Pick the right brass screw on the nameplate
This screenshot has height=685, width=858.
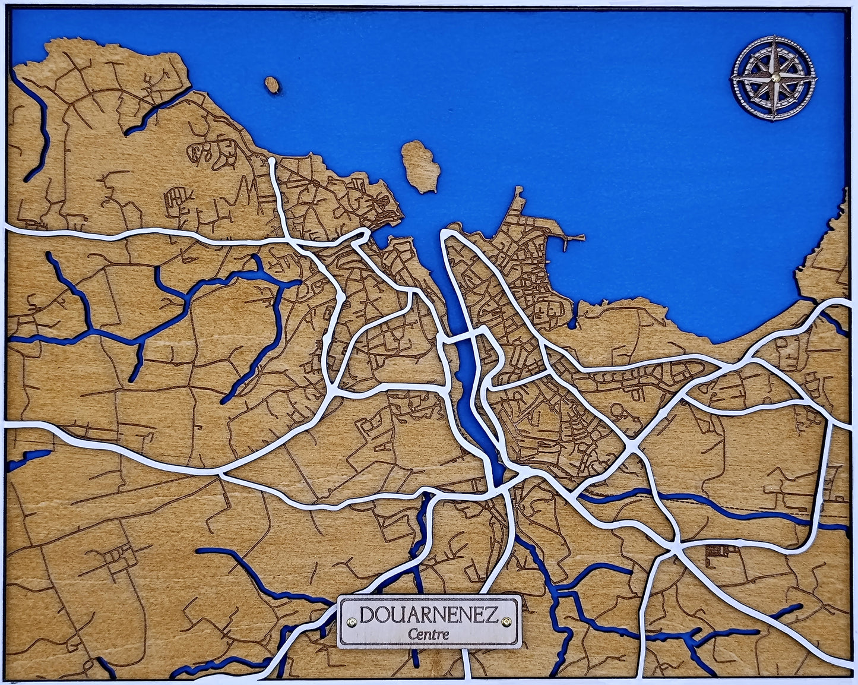click(506, 621)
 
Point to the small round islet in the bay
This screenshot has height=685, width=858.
click(272, 84)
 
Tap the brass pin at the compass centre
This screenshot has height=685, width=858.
click(775, 78)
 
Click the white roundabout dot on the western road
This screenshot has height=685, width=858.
click(340, 296)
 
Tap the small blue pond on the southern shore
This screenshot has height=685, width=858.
click(572, 324)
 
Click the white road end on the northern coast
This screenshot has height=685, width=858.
click(272, 160)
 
